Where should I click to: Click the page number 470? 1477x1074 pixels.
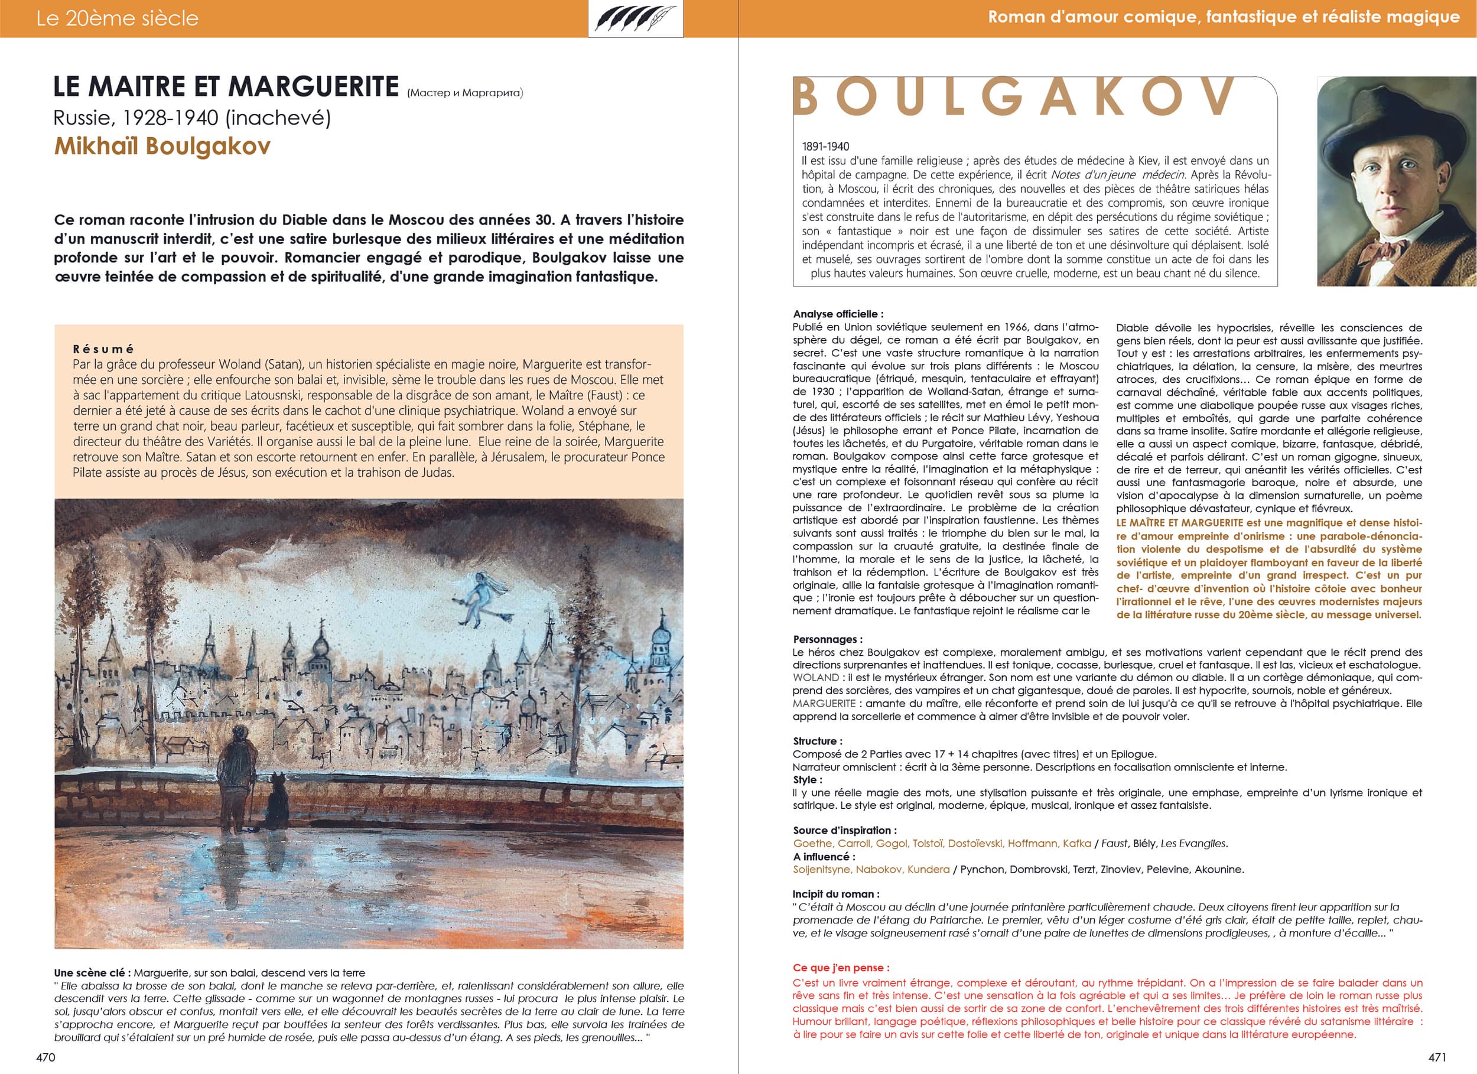click(45, 1057)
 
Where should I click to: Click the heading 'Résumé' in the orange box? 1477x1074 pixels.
click(103, 349)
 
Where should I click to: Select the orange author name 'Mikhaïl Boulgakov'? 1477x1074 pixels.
click(161, 146)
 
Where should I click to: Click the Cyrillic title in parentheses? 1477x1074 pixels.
click(465, 93)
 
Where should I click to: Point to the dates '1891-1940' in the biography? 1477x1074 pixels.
click(825, 147)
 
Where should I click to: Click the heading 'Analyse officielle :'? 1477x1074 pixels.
click(838, 314)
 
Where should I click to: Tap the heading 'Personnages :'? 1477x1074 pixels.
click(827, 639)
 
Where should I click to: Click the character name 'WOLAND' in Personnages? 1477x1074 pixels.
click(815, 678)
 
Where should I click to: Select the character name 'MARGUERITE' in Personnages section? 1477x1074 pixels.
click(824, 704)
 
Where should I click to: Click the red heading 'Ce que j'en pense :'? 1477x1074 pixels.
click(841, 967)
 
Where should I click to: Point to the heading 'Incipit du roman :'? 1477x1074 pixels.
click(835, 894)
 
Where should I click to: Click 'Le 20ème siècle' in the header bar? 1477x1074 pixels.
click(117, 18)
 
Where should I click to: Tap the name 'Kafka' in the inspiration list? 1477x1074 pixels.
click(1076, 844)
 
